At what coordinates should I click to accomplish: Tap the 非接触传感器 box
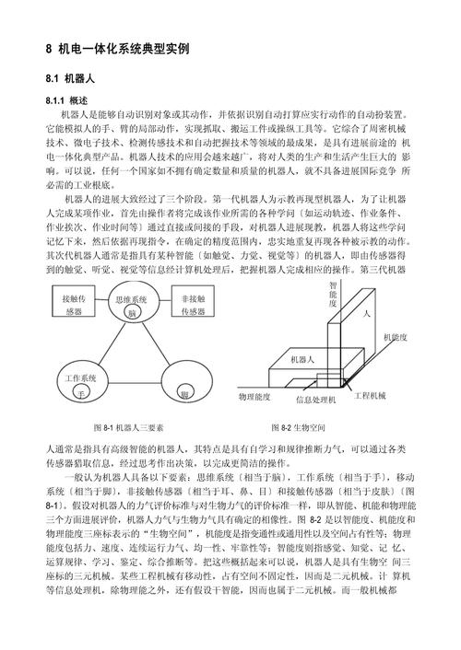pyautogui.click(x=193, y=305)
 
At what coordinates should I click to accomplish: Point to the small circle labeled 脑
pyautogui.click(x=132, y=314)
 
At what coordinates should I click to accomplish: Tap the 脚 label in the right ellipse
pyautogui.click(x=184, y=394)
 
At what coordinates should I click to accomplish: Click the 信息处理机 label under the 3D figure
pyautogui.click(x=316, y=400)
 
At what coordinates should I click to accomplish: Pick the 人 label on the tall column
pyautogui.click(x=366, y=314)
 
